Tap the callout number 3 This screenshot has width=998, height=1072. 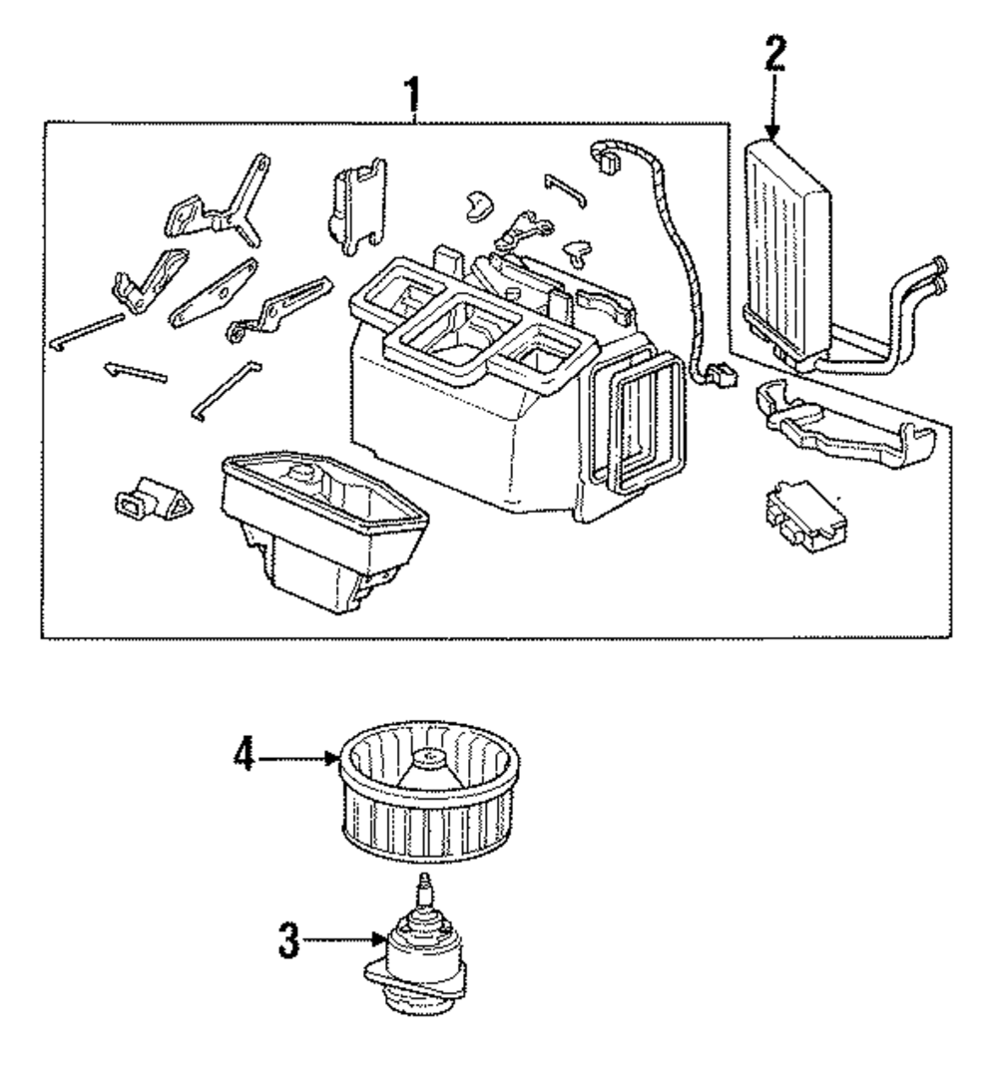click(287, 942)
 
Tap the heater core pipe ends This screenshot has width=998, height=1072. click(939, 274)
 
